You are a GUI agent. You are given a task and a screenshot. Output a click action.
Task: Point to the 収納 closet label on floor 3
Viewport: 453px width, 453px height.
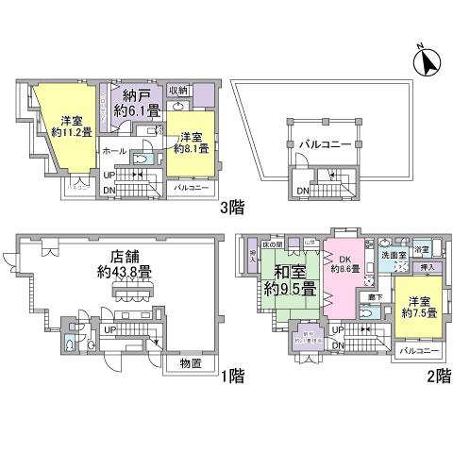[x=179, y=91]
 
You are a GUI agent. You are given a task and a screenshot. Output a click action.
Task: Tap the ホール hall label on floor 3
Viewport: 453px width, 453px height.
[x=113, y=150]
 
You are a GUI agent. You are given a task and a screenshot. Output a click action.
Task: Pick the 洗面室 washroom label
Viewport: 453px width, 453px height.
[x=394, y=256]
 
